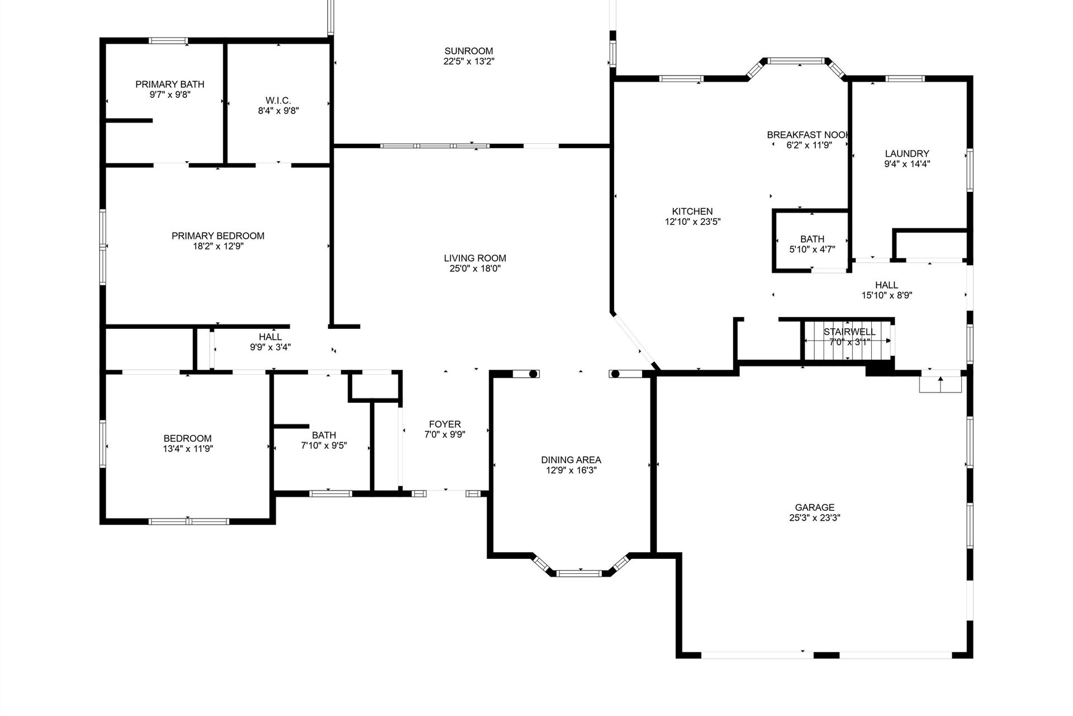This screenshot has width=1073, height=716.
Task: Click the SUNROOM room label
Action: (x=469, y=51)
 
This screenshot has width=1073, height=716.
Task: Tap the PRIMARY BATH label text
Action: (x=170, y=84)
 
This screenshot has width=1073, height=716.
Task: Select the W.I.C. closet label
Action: (x=278, y=100)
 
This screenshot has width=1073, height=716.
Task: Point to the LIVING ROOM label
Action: (x=475, y=258)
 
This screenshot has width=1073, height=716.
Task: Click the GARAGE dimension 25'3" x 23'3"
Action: (x=815, y=518)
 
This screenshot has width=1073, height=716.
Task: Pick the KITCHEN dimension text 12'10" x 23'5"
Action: (x=692, y=222)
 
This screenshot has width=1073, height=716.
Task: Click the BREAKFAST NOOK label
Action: (x=809, y=135)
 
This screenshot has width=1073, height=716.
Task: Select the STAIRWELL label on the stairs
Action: (x=849, y=332)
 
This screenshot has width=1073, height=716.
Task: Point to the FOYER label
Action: (x=445, y=424)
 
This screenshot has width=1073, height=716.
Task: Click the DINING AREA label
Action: (x=571, y=460)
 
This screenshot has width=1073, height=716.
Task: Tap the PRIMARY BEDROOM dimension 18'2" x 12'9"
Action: (x=218, y=246)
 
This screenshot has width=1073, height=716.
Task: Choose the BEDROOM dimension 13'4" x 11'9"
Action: (x=188, y=449)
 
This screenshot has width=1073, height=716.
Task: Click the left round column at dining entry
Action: (x=533, y=374)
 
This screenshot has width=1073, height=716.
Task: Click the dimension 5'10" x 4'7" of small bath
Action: (x=812, y=249)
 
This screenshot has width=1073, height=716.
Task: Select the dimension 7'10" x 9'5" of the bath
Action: (x=324, y=446)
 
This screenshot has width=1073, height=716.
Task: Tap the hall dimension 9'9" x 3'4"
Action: (x=270, y=347)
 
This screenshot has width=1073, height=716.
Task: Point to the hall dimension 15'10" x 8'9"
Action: (x=887, y=295)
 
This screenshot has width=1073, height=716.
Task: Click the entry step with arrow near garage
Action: (x=941, y=384)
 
